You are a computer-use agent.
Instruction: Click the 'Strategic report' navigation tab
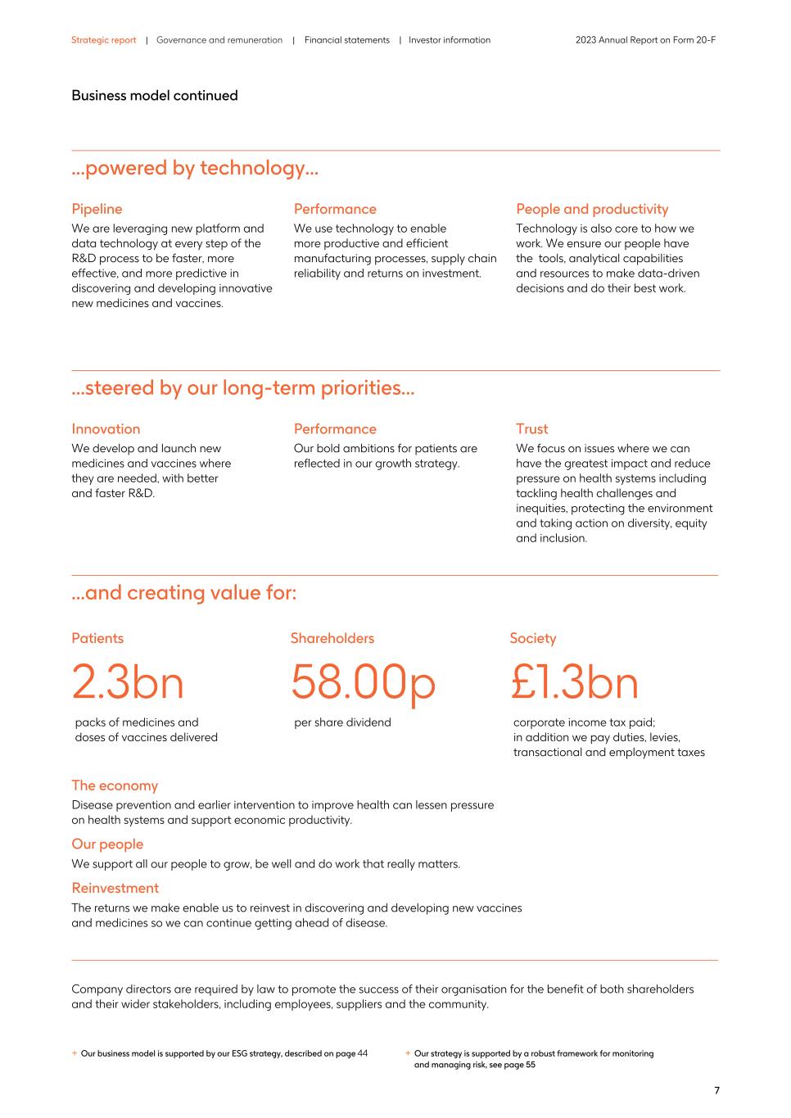[x=103, y=40]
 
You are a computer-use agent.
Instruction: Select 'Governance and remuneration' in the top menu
[x=219, y=40]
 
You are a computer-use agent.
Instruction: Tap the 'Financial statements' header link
[x=346, y=40]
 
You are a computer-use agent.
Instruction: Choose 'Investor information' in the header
[x=450, y=40]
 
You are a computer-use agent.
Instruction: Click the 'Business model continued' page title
[x=154, y=96]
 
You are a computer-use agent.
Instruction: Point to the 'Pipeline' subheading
[x=97, y=209]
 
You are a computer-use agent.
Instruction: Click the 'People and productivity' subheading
[x=591, y=209]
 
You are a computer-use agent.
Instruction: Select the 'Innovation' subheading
[x=106, y=428]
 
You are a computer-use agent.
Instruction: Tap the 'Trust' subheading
[x=531, y=428]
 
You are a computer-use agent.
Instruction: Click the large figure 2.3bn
[x=128, y=682]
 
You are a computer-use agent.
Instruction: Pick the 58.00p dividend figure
[x=363, y=682]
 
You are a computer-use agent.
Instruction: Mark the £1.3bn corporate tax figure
[x=574, y=682]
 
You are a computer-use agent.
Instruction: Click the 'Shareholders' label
[x=332, y=638]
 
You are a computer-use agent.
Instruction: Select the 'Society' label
[x=532, y=638]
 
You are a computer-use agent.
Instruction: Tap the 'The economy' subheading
[x=115, y=785]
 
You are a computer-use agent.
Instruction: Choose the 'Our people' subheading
[x=107, y=844]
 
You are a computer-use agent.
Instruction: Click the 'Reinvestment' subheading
[x=115, y=888]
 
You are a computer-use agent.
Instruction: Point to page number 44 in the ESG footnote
[x=363, y=1053]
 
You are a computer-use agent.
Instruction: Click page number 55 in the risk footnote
[x=530, y=1065]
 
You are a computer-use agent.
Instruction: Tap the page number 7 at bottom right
[x=716, y=1090]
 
